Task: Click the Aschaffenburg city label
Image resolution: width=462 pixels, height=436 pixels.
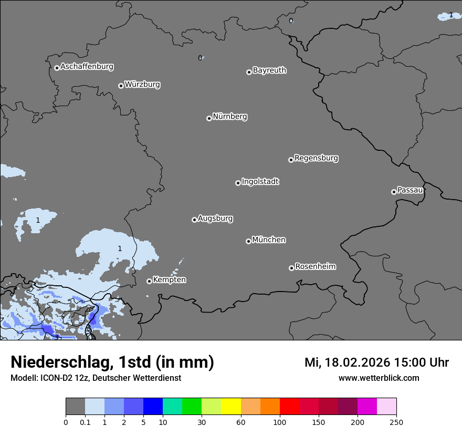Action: (87, 67)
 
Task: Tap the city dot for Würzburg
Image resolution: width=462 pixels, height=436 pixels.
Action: (121, 86)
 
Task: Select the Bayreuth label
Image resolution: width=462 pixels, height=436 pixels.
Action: (269, 70)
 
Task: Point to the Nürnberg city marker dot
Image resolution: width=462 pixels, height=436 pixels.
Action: (209, 118)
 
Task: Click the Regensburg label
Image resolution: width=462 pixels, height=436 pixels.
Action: (316, 158)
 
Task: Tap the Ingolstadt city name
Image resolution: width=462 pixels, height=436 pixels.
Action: (260, 182)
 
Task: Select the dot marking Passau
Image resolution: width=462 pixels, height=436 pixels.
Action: (394, 192)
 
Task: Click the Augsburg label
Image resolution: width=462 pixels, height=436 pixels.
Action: (215, 218)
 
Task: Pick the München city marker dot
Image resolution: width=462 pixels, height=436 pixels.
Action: (248, 241)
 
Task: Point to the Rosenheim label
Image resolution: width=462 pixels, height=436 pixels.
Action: (315, 266)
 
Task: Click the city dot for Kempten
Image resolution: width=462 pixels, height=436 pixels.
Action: (149, 281)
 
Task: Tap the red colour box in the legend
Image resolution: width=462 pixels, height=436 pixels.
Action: (289, 407)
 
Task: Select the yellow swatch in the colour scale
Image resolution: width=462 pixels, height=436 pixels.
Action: (231, 407)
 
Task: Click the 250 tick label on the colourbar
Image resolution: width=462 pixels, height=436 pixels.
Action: (396, 422)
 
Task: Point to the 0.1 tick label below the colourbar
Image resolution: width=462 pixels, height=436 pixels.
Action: (85, 422)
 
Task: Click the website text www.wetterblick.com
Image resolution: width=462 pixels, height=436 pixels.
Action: (379, 378)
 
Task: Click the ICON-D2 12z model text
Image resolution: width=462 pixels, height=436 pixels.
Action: (62, 378)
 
